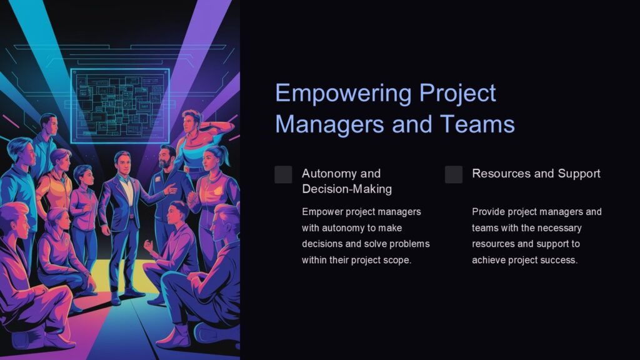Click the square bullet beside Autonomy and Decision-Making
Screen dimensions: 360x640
(x=283, y=174)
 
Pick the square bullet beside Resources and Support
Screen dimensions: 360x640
(x=454, y=174)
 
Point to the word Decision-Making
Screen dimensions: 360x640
(x=347, y=189)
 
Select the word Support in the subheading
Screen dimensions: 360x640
(x=579, y=173)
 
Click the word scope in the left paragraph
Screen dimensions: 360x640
(x=397, y=260)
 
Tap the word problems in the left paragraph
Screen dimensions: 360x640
(x=410, y=244)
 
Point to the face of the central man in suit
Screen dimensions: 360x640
(x=122, y=164)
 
